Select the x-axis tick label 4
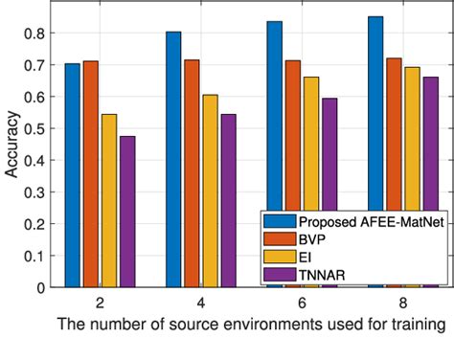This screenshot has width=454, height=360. pos(199,303)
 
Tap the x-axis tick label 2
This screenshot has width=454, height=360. pos(100,303)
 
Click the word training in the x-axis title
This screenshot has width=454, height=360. pos(418,326)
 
